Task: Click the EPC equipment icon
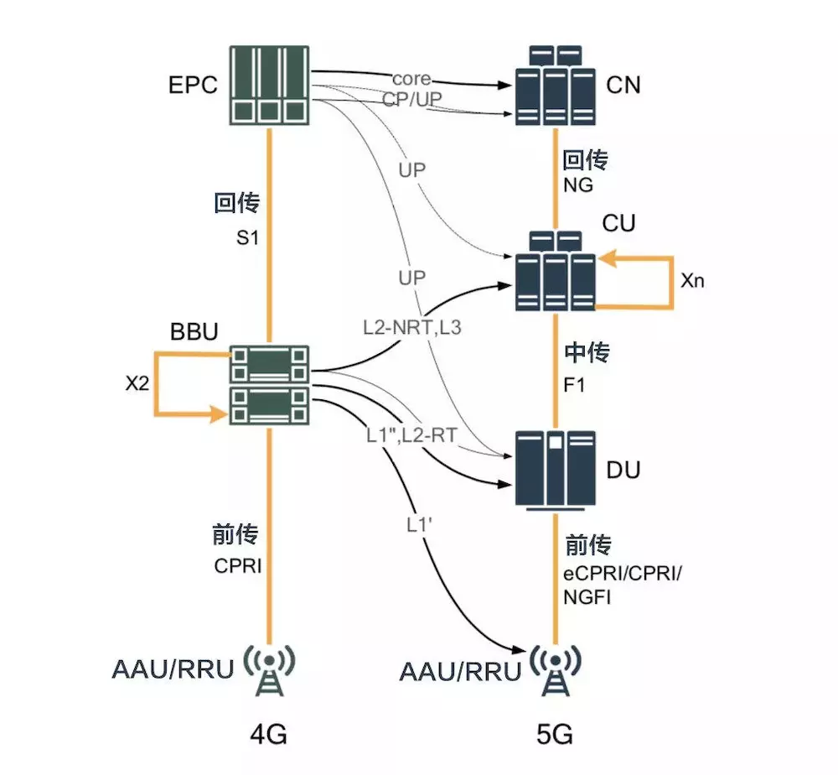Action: pos(270,86)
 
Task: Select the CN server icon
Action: pos(554,86)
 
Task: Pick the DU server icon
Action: pos(554,470)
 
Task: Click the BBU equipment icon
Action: pos(270,384)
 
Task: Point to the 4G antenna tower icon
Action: pos(270,668)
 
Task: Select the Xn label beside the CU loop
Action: pos(692,280)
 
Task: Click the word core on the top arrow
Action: pos(411,79)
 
